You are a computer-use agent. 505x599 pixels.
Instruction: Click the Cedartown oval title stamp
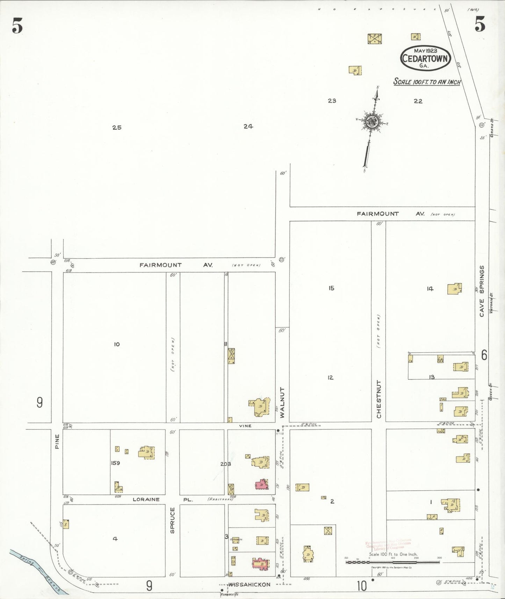click(425, 58)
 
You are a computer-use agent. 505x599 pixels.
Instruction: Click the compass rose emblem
click(371, 121)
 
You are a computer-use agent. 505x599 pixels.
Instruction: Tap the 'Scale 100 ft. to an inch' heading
click(427, 82)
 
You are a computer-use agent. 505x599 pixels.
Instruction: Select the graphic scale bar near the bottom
click(393, 562)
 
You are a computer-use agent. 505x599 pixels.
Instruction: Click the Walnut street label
click(282, 402)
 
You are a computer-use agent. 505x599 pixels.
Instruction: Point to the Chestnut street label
click(379, 399)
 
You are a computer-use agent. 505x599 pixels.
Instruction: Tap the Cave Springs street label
click(482, 291)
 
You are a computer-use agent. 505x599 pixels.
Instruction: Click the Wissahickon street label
click(250, 584)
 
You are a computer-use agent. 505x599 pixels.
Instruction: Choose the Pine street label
click(57, 441)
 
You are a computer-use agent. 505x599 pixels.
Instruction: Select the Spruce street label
click(172, 520)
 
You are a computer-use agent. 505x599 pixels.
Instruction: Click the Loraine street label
click(146, 499)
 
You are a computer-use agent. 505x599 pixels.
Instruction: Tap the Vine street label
click(245, 426)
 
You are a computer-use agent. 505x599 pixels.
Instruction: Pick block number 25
click(117, 128)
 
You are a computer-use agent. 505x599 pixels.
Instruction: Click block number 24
click(248, 127)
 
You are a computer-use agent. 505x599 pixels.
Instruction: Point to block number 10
click(117, 344)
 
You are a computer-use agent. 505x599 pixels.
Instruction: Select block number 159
click(115, 463)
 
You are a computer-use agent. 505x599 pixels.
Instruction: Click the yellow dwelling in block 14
click(454, 289)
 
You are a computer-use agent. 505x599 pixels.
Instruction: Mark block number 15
click(331, 288)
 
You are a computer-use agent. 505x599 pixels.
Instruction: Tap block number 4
click(115, 539)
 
